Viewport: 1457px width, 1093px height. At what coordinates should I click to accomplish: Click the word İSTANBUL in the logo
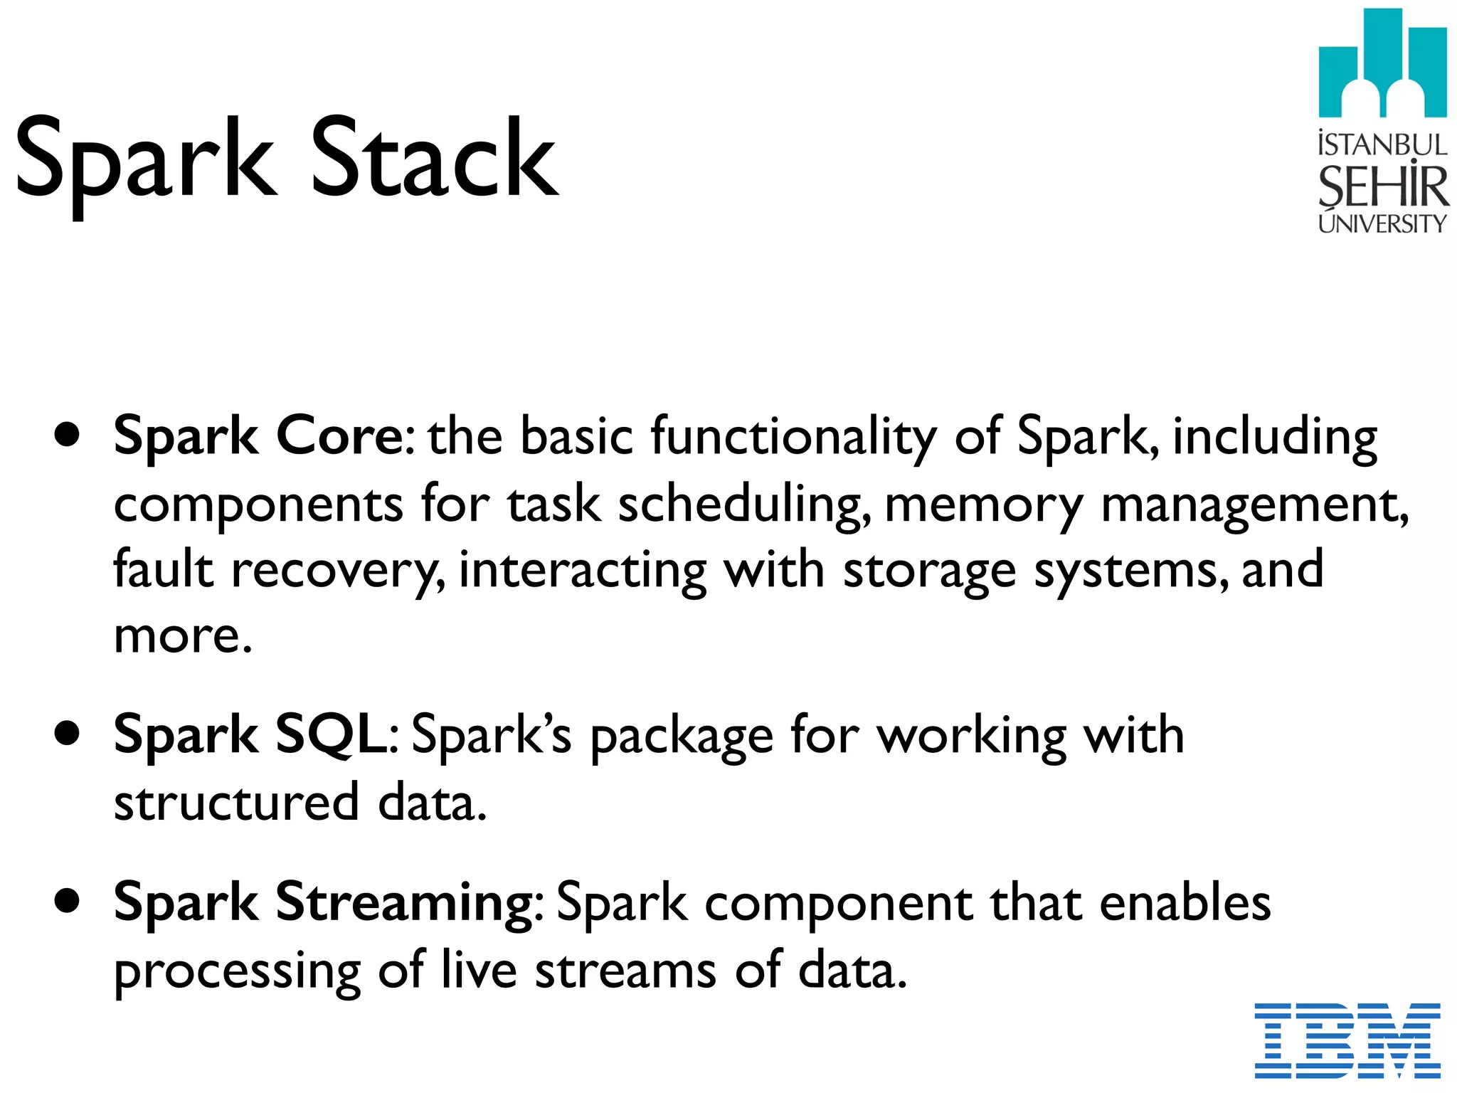coord(1382,144)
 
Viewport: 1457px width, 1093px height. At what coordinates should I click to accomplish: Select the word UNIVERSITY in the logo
coord(1382,223)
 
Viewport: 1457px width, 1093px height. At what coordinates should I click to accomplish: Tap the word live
coord(478,969)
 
